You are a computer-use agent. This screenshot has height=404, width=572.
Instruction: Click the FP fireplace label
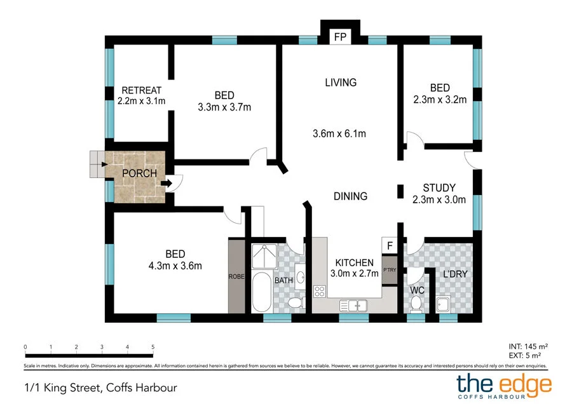[340, 37]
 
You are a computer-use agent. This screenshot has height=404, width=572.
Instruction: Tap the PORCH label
[139, 173]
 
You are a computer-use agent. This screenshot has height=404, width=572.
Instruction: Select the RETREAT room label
[141, 90]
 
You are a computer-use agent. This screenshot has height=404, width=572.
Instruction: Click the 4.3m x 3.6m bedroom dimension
[175, 266]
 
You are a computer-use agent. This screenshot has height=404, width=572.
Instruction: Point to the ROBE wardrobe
[236, 276]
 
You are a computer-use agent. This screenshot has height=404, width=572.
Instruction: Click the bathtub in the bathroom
[261, 293]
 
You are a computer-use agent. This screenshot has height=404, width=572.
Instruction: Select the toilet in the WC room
[416, 304]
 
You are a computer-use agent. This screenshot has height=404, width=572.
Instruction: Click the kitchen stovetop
[320, 292]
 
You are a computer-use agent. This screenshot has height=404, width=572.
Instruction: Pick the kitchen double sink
[354, 305]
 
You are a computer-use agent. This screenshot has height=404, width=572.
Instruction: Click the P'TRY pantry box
[389, 269]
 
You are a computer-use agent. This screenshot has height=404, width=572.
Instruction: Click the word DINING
[350, 196]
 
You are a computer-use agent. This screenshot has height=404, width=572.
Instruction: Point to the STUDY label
[439, 188]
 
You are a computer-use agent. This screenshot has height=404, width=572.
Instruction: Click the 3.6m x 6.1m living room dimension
[339, 134]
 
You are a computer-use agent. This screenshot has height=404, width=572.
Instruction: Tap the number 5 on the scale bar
[153, 347]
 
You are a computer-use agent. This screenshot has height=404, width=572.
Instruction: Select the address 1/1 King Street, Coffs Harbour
[100, 387]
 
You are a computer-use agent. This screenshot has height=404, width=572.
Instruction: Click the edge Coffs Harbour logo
[505, 386]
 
